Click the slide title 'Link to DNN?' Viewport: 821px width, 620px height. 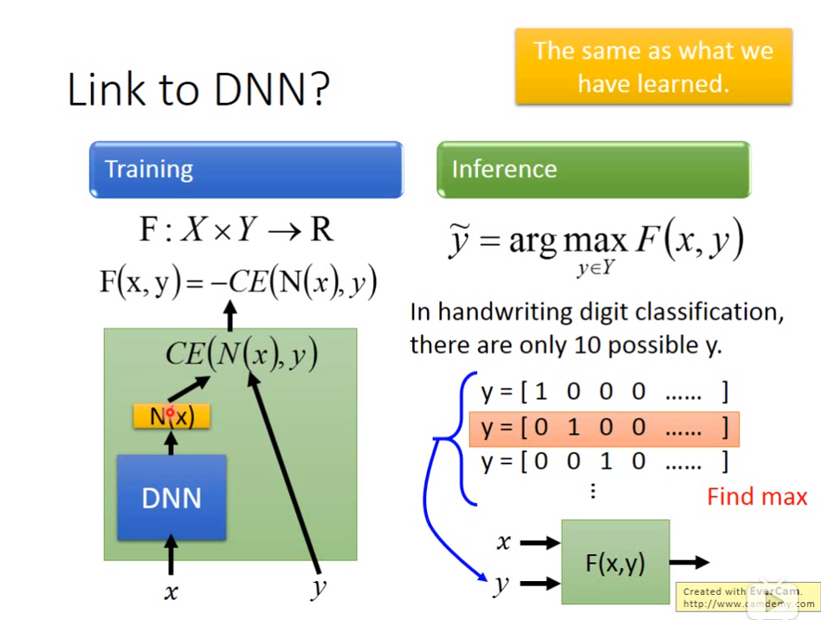point(198,89)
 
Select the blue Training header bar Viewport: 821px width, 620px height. point(246,169)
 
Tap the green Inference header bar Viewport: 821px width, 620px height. point(593,169)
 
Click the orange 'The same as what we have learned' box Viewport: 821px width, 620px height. point(653,67)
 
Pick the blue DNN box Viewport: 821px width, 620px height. point(171,497)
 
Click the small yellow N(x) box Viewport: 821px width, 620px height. point(171,417)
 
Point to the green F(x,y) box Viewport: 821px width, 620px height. point(615,562)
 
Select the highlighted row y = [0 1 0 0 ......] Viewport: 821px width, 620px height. point(604,427)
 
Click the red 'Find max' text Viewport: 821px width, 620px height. point(756,496)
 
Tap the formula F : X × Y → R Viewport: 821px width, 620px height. point(236,229)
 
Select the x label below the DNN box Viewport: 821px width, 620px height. point(171,592)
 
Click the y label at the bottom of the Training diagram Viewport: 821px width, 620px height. point(319,589)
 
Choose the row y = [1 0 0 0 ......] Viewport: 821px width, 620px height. point(604,392)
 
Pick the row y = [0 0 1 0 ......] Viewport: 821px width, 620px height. point(604,461)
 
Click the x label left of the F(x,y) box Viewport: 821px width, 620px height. point(503,543)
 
